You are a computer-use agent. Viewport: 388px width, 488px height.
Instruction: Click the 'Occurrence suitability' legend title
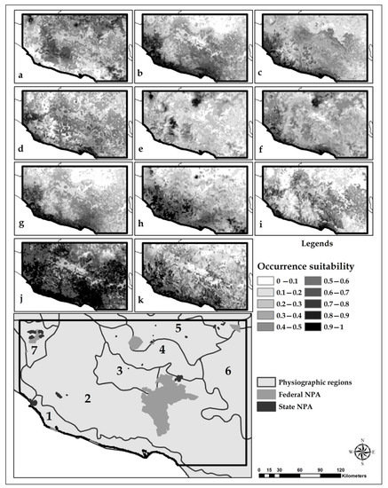coord(312,265)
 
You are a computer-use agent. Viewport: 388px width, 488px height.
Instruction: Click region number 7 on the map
coord(34,352)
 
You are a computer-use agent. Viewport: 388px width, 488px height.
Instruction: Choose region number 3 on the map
coord(118,369)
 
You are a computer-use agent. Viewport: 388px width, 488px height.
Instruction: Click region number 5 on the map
coord(178,328)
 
